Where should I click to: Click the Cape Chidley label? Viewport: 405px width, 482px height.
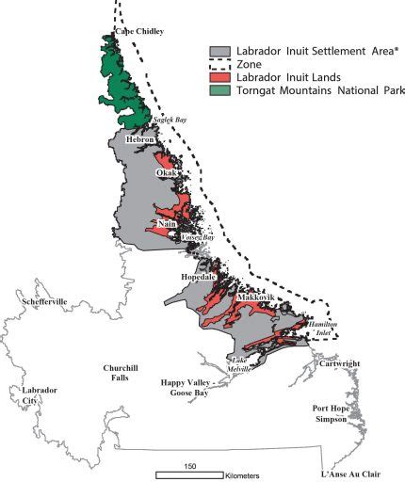pyautogui.click(x=138, y=31)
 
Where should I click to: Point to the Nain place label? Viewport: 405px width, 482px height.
pyautogui.click(x=167, y=223)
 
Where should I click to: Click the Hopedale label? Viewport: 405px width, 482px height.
pyautogui.click(x=199, y=278)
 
